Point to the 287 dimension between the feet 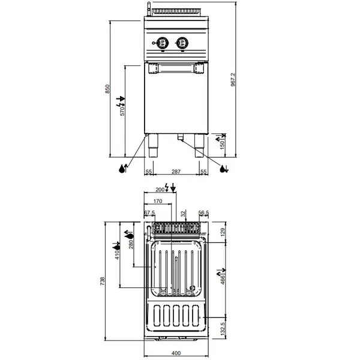[176, 172]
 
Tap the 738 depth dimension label [103, 280]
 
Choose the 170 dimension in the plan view [158, 201]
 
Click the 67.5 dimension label [149, 213]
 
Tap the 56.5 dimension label [203, 213]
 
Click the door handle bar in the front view [176, 67]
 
